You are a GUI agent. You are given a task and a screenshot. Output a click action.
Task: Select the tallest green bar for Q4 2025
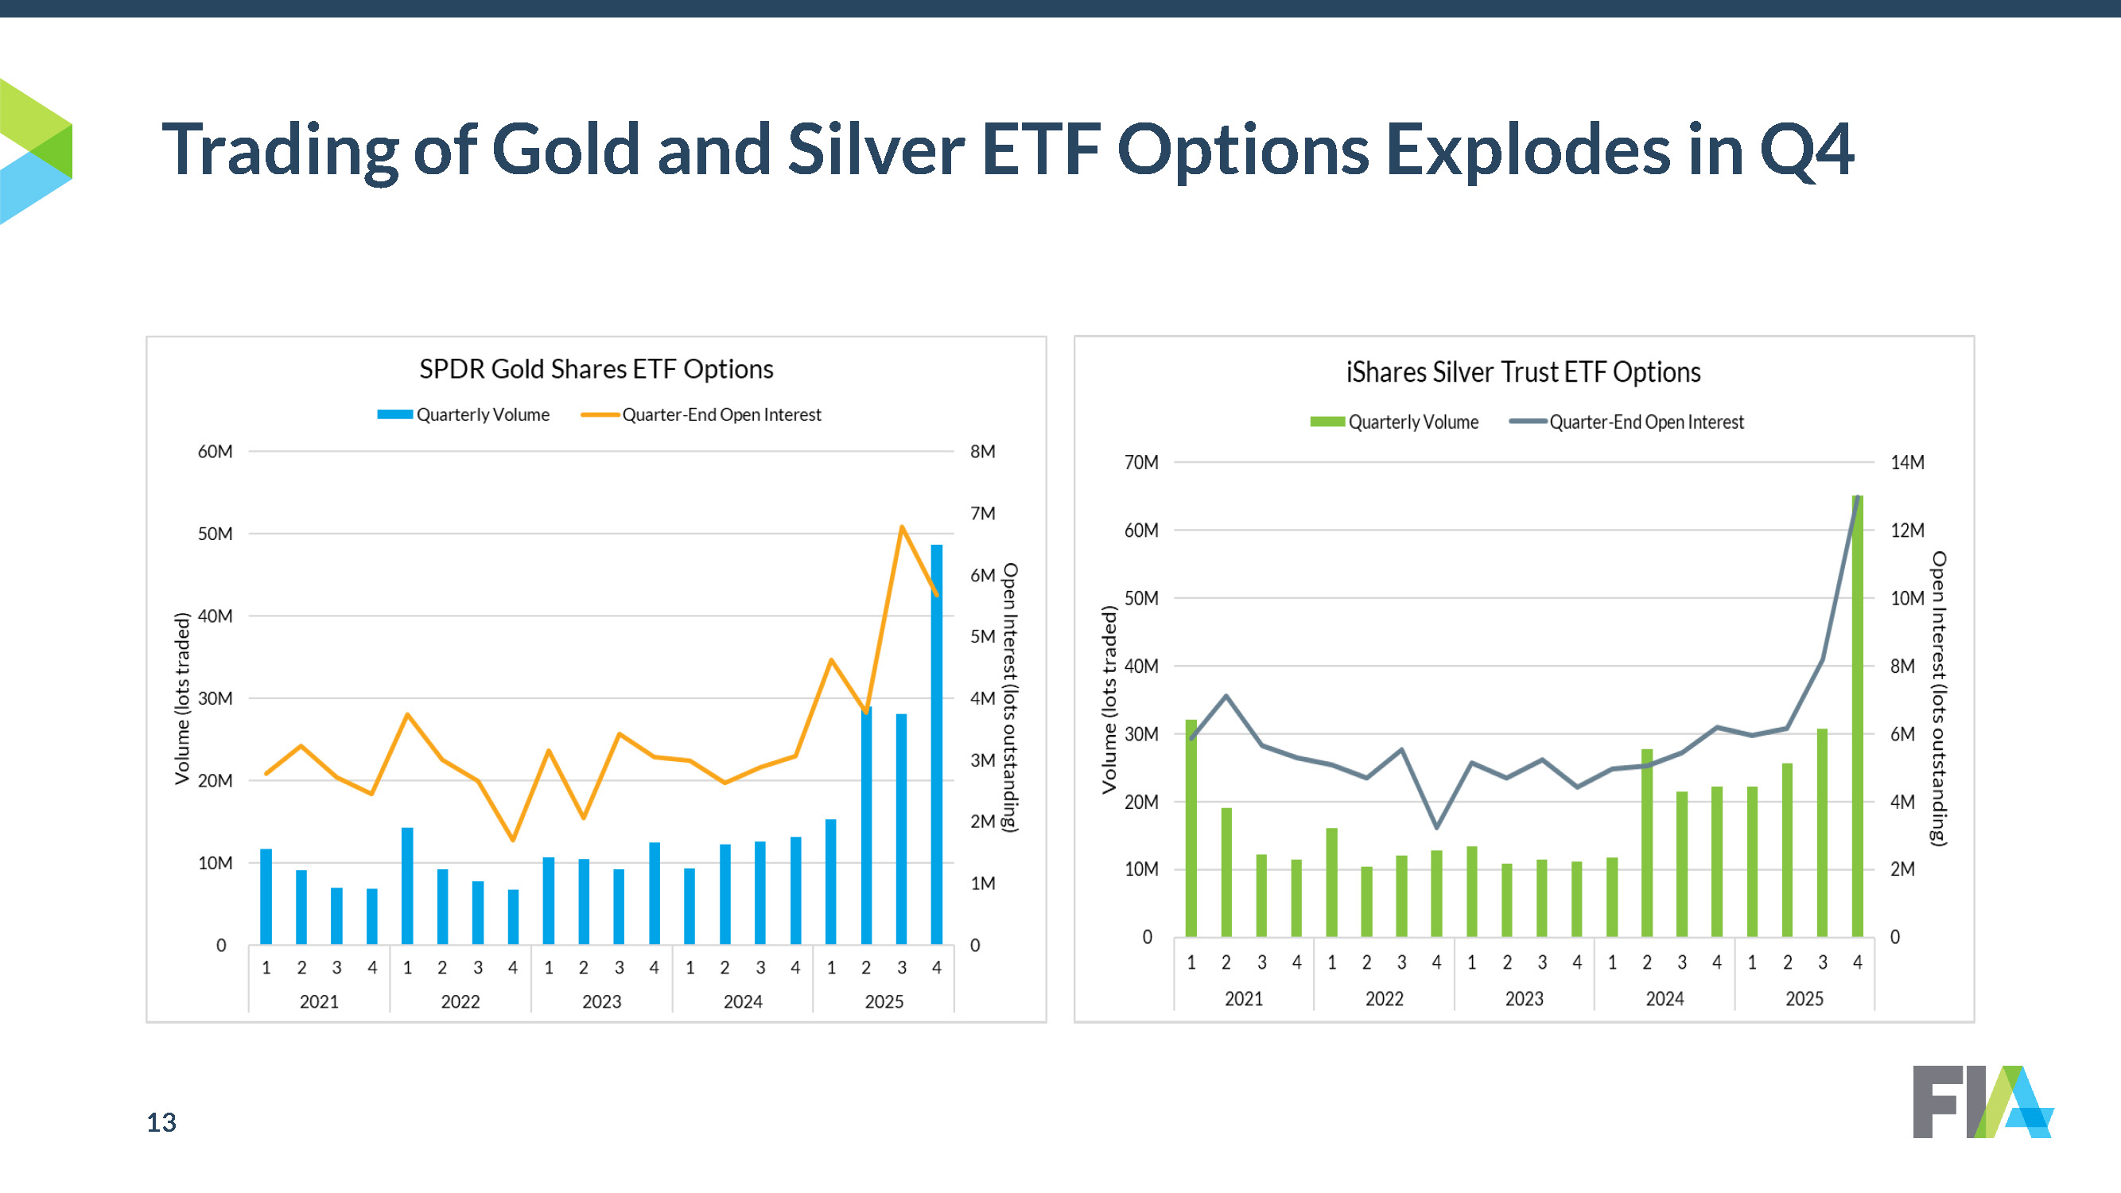(1857, 717)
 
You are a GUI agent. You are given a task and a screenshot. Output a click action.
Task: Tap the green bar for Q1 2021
(1191, 827)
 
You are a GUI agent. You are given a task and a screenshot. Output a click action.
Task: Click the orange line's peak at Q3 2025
(902, 527)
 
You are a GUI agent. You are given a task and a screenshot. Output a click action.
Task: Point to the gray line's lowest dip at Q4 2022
(1437, 826)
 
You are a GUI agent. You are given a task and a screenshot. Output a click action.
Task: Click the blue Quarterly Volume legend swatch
(394, 415)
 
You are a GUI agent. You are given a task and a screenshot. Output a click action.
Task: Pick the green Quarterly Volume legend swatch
(1327, 422)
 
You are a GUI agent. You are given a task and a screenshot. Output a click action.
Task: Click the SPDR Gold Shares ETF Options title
(596, 369)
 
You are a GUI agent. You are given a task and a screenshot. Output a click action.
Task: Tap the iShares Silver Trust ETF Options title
(1523, 372)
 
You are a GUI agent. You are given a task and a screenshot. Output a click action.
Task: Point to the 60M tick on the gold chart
(215, 451)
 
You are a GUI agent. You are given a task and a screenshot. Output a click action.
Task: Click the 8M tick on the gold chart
(982, 451)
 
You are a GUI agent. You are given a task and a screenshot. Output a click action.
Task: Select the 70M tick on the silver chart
(1141, 463)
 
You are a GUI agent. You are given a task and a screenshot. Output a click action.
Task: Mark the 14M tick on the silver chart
(1907, 463)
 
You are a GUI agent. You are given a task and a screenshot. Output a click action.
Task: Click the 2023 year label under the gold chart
(601, 1002)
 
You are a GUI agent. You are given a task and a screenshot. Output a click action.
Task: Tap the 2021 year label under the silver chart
(1243, 999)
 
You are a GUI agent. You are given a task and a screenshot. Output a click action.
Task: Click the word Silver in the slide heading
(876, 150)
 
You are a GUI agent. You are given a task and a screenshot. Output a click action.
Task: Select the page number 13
(161, 1122)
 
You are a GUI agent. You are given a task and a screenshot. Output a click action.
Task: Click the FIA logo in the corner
(1982, 1102)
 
